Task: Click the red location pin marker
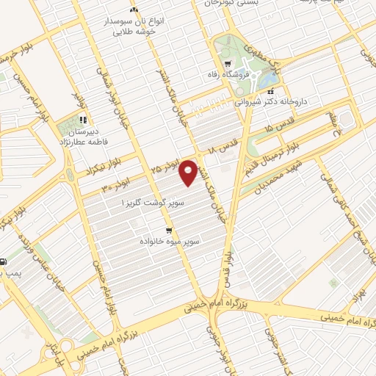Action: (189, 172)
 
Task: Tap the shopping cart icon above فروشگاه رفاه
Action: (228, 63)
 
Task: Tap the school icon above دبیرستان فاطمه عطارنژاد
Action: (84, 119)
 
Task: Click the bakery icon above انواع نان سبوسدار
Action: (134, 11)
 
